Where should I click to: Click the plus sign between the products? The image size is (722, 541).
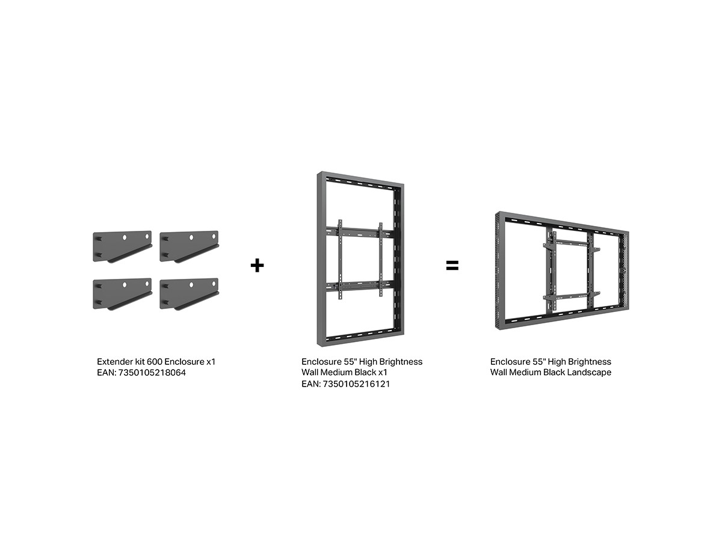click(257, 266)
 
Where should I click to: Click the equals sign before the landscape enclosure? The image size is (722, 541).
click(452, 266)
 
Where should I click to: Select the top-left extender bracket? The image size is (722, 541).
click(122, 246)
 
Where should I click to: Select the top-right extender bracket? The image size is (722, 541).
click(189, 246)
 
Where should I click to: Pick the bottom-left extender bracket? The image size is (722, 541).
click(122, 295)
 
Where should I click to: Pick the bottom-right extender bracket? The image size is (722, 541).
click(189, 295)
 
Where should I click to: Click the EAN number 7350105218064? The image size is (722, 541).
click(152, 373)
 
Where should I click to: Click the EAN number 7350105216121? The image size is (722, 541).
click(356, 384)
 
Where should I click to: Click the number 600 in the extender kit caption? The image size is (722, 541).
click(155, 362)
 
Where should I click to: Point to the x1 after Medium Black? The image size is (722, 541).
click(383, 373)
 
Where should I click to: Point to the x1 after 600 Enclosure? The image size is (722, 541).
click(211, 362)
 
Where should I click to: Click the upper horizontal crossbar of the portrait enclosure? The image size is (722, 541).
click(360, 232)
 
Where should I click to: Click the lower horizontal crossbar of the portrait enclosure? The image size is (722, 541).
click(360, 286)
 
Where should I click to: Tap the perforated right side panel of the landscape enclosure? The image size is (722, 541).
click(624, 271)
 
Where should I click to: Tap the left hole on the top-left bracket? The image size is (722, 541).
click(125, 237)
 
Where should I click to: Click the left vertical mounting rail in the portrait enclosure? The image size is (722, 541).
click(340, 260)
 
